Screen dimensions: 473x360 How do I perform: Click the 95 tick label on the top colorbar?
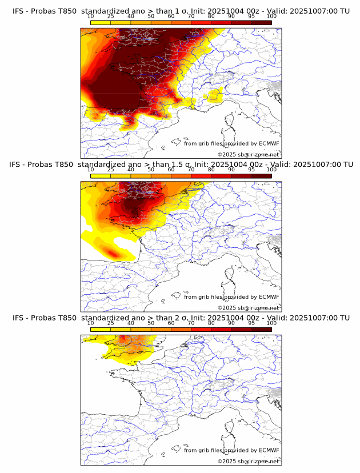(251, 16)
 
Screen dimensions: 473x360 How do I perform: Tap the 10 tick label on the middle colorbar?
(90, 170)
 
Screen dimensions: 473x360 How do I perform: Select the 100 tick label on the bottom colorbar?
(271, 323)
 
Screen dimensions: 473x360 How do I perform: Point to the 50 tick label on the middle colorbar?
(151, 170)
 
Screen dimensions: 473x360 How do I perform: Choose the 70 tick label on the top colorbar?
(191, 16)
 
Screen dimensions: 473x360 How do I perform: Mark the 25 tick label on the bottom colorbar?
(110, 323)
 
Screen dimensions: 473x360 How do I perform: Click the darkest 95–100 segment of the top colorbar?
(262, 22)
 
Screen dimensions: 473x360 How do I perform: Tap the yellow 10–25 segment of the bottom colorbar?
(101, 329)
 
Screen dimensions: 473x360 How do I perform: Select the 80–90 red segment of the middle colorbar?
(221, 176)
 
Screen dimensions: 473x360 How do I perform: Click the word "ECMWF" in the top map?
(269, 143)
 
